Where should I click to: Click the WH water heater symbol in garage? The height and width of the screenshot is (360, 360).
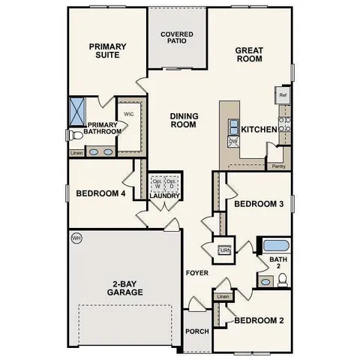(76, 238)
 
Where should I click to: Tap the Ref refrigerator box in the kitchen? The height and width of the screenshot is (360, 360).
(283, 95)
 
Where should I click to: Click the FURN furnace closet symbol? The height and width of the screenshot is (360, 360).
(222, 250)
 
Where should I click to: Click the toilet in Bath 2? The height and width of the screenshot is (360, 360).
(283, 280)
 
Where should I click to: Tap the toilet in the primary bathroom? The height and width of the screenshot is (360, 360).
(73, 136)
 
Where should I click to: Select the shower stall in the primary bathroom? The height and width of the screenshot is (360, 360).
(77, 110)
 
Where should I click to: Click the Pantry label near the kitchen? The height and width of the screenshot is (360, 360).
(278, 166)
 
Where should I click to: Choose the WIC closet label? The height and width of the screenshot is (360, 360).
(128, 115)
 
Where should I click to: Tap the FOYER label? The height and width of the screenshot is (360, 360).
(196, 272)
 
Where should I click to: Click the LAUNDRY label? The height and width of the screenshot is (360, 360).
(165, 196)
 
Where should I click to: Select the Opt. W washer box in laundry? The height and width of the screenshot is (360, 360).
(157, 183)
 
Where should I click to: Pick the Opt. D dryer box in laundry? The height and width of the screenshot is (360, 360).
(172, 183)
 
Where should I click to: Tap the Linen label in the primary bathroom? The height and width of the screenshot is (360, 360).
(76, 154)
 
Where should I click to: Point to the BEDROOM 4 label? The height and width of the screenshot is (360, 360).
(100, 193)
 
